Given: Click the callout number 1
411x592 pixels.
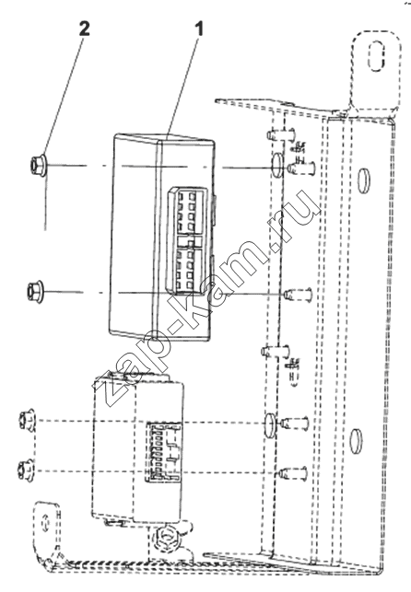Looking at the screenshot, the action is point(199,29).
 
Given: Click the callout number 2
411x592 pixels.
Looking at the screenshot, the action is point(85,29).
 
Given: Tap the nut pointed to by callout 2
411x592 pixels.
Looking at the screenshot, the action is point(38,164).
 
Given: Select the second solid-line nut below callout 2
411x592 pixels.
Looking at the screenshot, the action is point(35,291).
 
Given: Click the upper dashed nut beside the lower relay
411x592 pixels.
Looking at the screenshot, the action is point(28,420).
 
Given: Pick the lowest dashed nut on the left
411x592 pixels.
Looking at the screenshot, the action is point(26,470).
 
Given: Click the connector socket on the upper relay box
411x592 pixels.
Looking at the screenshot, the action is point(187,240).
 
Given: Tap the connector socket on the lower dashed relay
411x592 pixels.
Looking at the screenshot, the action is point(163,452).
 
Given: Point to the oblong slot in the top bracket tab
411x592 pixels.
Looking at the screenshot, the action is point(375,56).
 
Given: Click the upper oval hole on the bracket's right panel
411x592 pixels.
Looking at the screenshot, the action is point(364,180).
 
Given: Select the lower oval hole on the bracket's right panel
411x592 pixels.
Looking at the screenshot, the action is point(356,441).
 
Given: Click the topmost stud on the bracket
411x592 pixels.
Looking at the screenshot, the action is point(281,134).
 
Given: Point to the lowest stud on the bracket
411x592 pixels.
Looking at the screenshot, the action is point(293,472).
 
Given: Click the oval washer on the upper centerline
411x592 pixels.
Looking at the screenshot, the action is point(277,166).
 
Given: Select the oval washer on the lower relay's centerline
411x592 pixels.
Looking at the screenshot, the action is point(270,425).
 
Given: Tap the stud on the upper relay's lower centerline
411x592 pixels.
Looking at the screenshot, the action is point(298,294).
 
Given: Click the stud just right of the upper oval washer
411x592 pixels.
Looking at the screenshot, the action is point(301,168).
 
